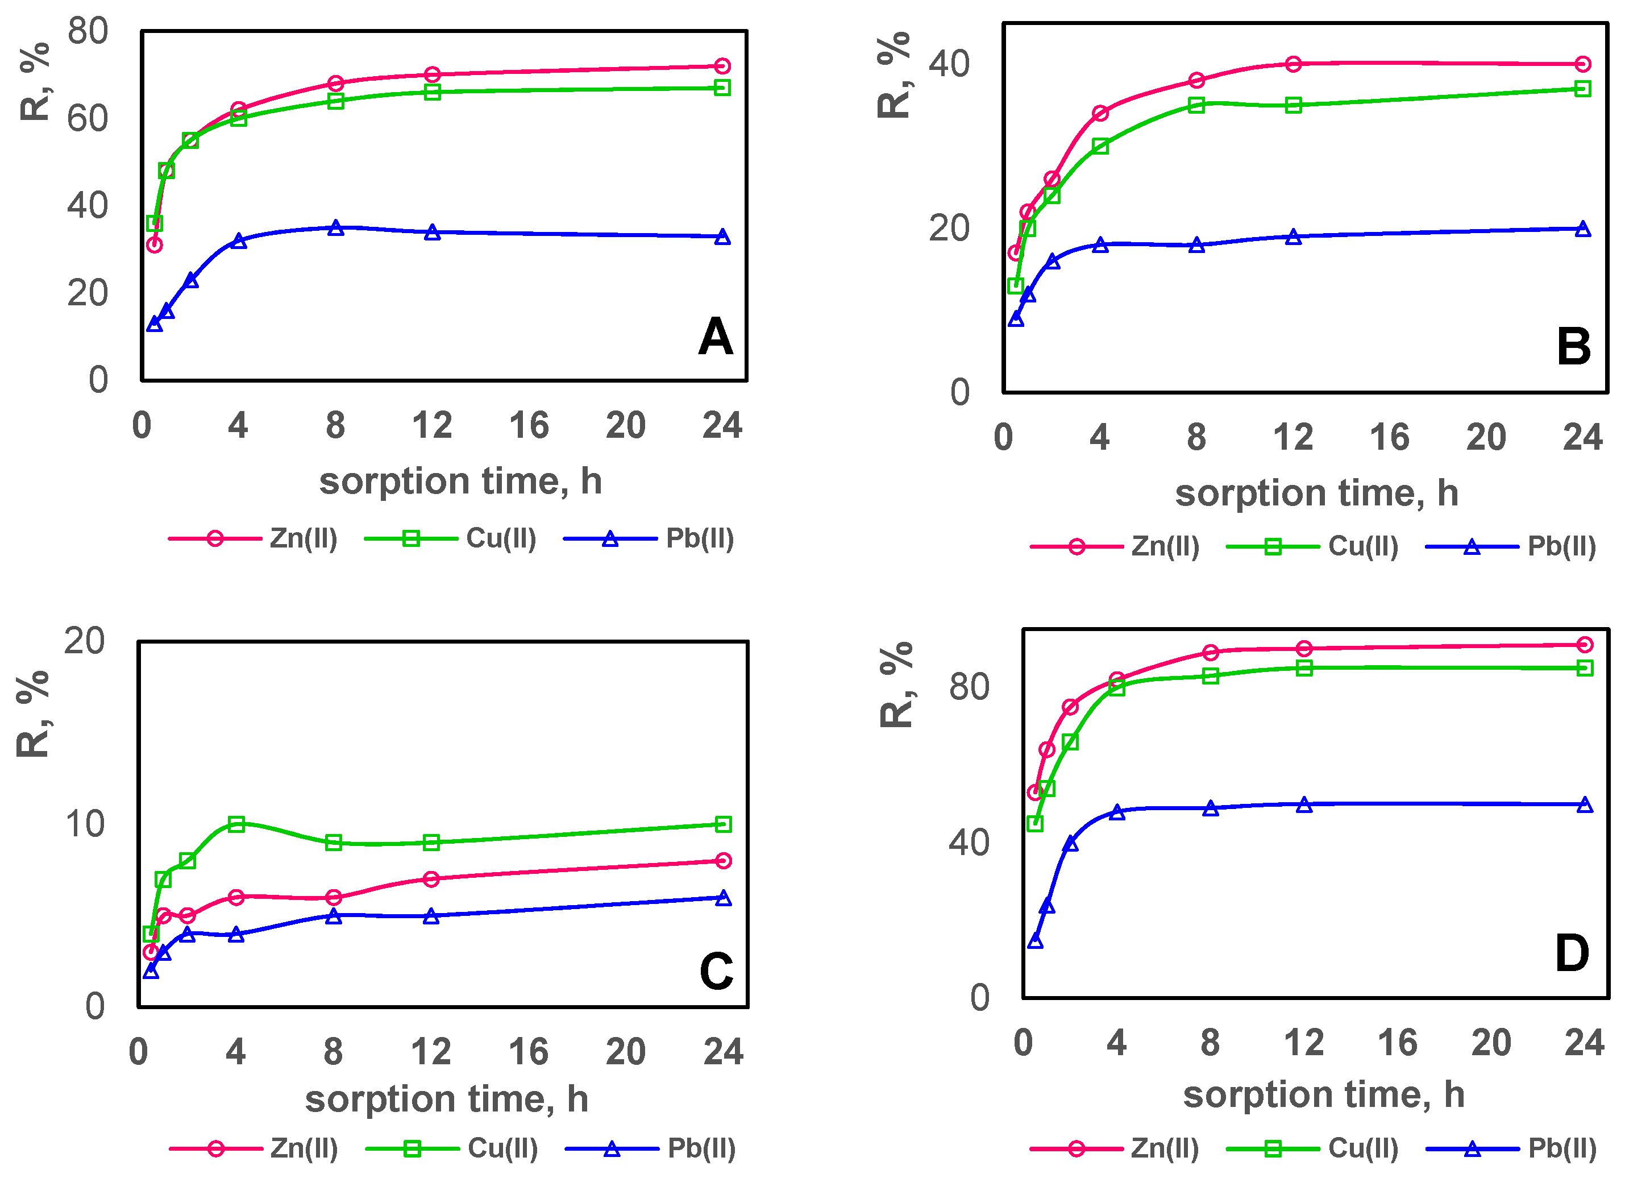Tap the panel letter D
1572,954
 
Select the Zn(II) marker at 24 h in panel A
722,66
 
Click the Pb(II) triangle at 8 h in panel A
335,228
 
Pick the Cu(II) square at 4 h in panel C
236,824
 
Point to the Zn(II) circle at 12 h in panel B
1293,64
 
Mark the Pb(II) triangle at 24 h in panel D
1585,804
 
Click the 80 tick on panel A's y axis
88,31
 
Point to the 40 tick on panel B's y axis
949,64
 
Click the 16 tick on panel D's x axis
1397,1043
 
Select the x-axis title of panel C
446,1099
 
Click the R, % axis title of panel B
893,75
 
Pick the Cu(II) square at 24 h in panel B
1583,89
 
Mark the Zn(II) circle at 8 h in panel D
1210,653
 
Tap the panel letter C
716,972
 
